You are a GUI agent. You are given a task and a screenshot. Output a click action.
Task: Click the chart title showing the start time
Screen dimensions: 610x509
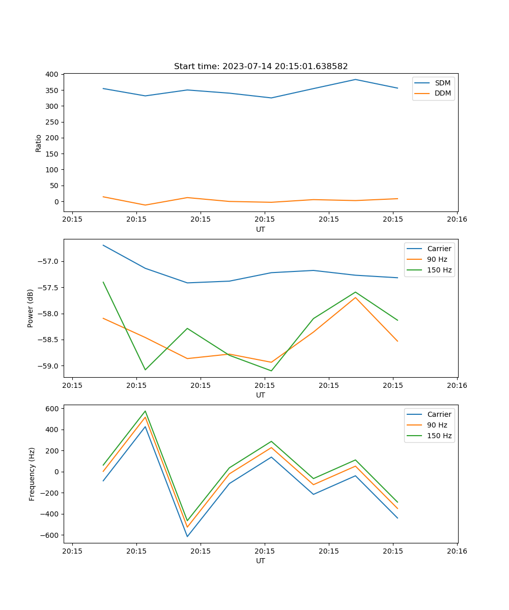261,67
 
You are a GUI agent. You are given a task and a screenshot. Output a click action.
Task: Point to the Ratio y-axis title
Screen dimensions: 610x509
38,143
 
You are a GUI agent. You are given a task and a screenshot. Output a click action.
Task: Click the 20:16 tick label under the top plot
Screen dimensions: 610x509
457,220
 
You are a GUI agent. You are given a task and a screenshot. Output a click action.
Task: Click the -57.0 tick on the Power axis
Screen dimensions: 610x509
49,261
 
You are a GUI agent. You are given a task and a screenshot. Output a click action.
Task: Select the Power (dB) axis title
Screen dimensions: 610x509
31,308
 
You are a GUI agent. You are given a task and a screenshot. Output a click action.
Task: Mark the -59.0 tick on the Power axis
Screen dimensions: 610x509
49,366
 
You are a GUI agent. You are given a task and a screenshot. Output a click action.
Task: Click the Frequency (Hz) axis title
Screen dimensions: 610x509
32,474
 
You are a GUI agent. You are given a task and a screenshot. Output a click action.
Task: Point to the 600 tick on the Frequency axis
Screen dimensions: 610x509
52,408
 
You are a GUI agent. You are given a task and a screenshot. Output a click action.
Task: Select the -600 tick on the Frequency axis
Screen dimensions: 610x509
50,535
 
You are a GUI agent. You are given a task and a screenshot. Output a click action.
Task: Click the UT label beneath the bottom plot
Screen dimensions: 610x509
261,561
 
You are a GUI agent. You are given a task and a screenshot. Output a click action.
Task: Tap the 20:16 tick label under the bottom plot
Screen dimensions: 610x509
457,551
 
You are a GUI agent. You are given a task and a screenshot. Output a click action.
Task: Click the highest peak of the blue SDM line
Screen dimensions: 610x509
355,79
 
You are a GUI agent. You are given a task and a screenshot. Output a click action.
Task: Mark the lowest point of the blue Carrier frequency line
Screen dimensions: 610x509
187,537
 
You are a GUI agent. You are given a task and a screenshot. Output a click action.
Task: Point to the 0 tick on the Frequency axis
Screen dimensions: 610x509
57,472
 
